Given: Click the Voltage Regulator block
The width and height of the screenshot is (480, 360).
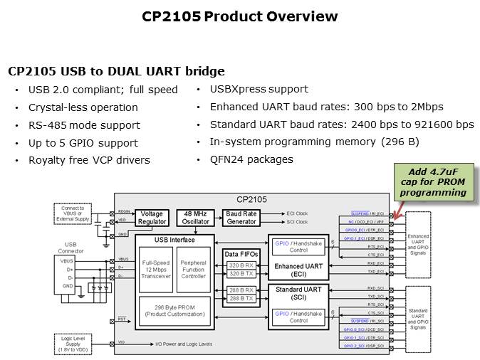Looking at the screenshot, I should click(x=152, y=217).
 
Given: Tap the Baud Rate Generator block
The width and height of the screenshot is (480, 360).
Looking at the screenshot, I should click(x=241, y=217).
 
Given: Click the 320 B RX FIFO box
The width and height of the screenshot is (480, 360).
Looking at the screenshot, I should click(x=241, y=265).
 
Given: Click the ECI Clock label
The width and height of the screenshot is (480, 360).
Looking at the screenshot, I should click(x=296, y=213).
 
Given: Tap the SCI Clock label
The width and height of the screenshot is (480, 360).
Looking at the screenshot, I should click(x=296, y=222).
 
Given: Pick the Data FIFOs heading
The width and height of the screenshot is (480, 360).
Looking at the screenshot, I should click(x=241, y=253).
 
